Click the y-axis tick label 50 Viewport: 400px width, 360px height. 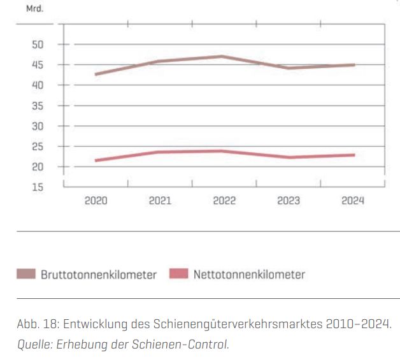[x=38, y=45]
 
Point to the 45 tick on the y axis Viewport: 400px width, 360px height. [x=38, y=65]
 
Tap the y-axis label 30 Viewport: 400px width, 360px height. [x=38, y=126]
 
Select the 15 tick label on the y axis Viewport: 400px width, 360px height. [x=38, y=187]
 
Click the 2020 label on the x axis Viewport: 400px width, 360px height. [x=96, y=201]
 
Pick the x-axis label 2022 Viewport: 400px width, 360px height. [x=224, y=201]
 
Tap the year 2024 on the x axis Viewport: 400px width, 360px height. [x=352, y=201]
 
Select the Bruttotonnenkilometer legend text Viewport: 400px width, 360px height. [x=99, y=275]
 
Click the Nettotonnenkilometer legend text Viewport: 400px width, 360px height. [x=249, y=275]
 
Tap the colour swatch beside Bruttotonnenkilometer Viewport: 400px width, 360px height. [x=26, y=275]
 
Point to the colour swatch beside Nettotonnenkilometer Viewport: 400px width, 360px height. [x=179, y=275]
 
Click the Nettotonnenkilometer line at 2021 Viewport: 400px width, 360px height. [x=159, y=152]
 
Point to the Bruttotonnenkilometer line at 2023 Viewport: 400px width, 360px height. [x=288, y=68]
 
